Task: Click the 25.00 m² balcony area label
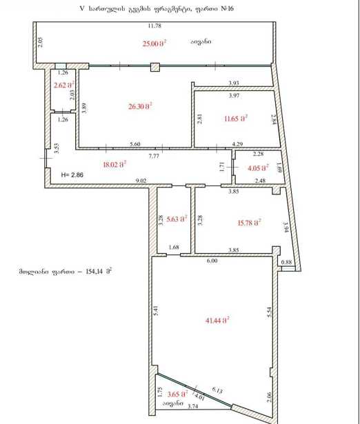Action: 154,43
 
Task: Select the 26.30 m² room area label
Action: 140,106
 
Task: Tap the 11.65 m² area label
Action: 236,118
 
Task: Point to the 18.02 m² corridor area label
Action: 115,164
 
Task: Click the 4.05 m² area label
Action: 259,168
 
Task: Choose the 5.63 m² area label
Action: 177,219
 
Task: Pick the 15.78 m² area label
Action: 249,223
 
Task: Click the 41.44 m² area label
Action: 217,321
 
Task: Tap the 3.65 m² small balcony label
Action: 177,394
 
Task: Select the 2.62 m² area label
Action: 64,85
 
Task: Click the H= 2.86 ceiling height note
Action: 72,174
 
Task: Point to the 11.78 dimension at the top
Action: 154,26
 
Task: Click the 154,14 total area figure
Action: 94,272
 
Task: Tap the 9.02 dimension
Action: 141,181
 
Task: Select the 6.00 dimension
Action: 212,261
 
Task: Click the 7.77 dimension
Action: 154,156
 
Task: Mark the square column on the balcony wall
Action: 155,67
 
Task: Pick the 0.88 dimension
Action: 286,262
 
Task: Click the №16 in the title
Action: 227,9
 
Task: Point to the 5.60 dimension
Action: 135,144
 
